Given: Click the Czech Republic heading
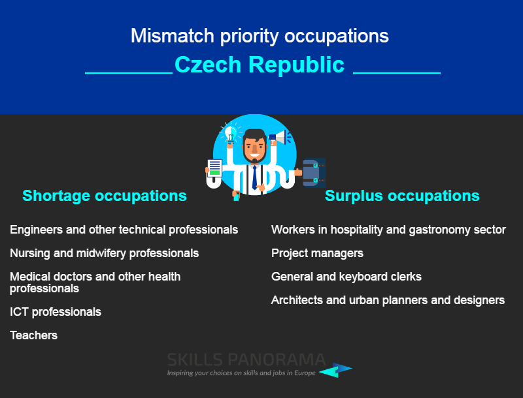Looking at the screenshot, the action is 259,65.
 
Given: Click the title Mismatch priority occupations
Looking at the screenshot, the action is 260,36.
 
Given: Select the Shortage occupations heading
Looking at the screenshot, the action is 105,196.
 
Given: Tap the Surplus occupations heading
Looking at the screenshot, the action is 402,196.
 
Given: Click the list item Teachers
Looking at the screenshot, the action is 34,335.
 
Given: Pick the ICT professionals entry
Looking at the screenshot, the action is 56,312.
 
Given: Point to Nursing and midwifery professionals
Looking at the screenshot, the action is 104,254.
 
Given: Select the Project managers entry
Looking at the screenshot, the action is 317,254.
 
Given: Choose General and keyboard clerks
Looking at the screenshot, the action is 346,277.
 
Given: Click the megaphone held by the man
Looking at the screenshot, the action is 279,138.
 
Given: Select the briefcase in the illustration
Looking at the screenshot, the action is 314,173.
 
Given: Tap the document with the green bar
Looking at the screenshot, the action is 214,168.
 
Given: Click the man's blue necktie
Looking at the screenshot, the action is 255,177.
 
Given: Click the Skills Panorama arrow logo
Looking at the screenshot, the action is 335,370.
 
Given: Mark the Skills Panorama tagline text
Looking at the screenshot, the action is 241,373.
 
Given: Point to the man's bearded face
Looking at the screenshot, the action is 254,148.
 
